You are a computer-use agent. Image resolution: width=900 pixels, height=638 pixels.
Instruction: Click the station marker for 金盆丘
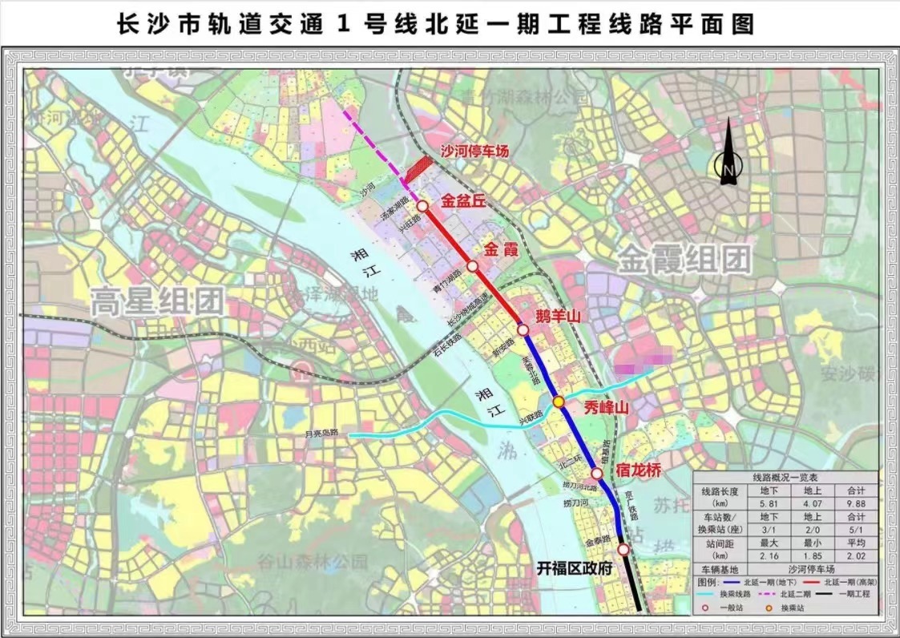[x=422, y=205]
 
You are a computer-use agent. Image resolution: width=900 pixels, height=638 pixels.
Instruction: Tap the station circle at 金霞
[x=473, y=266]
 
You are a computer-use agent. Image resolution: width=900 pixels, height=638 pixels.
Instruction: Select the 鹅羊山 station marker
[x=523, y=329]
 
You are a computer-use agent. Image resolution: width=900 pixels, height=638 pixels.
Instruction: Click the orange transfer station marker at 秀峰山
[x=559, y=402]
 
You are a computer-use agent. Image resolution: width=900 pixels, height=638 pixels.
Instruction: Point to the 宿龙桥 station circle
[x=597, y=474]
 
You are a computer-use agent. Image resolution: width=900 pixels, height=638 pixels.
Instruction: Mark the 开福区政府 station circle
[x=624, y=549]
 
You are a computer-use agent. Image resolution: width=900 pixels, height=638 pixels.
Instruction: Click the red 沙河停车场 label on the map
[x=474, y=151]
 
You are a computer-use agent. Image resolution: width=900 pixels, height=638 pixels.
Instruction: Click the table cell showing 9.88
[x=849, y=503]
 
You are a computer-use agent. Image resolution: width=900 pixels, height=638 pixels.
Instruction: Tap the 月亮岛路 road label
[x=322, y=434]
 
